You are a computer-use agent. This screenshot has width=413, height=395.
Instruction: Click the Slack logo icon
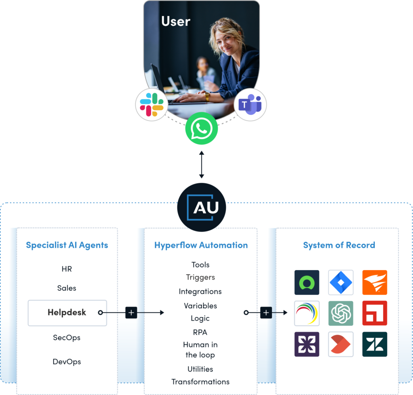tap(152, 105)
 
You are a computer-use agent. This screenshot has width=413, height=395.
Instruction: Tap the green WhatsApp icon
tap(202, 128)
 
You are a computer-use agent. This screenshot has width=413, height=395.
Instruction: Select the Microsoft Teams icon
tap(250, 105)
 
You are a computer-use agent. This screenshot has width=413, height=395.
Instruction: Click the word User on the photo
tap(176, 21)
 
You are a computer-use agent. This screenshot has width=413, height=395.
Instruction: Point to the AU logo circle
tap(202, 207)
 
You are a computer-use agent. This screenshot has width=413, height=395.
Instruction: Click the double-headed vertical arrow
tap(202, 164)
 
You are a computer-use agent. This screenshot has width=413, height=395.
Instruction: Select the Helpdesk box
tap(67, 313)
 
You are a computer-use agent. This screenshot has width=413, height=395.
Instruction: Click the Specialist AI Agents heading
tap(67, 245)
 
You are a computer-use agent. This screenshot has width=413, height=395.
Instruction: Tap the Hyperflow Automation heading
tap(201, 245)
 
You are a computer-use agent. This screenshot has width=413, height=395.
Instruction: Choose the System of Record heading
tap(339, 245)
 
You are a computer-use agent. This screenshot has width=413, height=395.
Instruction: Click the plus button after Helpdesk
tap(131, 313)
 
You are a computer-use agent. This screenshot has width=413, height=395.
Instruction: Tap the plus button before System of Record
tap(266, 313)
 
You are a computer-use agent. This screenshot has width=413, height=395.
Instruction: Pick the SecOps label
tap(67, 338)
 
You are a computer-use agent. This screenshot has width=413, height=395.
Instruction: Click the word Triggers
tap(200, 277)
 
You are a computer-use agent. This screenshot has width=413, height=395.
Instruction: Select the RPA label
tap(200, 332)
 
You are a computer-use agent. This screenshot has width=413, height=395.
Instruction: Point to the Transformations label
tap(200, 382)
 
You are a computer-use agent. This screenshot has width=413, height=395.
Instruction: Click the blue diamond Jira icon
tap(341, 282)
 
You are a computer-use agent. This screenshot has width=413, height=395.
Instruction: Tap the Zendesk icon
tap(375, 344)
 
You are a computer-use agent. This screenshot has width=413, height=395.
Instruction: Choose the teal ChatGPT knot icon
tap(341, 313)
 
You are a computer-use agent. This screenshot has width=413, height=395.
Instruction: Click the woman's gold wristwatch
tap(207, 97)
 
